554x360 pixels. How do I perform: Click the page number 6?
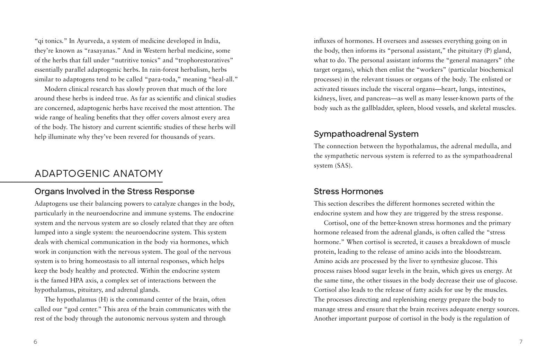point(35,342)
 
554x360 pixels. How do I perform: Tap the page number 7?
point(521,342)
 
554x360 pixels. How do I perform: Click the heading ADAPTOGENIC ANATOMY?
point(99,173)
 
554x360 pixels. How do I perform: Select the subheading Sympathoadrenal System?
point(366,134)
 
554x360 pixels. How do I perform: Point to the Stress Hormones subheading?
point(348,191)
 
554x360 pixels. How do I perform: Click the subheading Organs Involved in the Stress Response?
point(114,191)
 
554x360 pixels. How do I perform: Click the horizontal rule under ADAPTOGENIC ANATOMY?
point(81,182)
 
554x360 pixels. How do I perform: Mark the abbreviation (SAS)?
point(343,165)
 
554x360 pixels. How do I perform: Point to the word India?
point(211,41)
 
